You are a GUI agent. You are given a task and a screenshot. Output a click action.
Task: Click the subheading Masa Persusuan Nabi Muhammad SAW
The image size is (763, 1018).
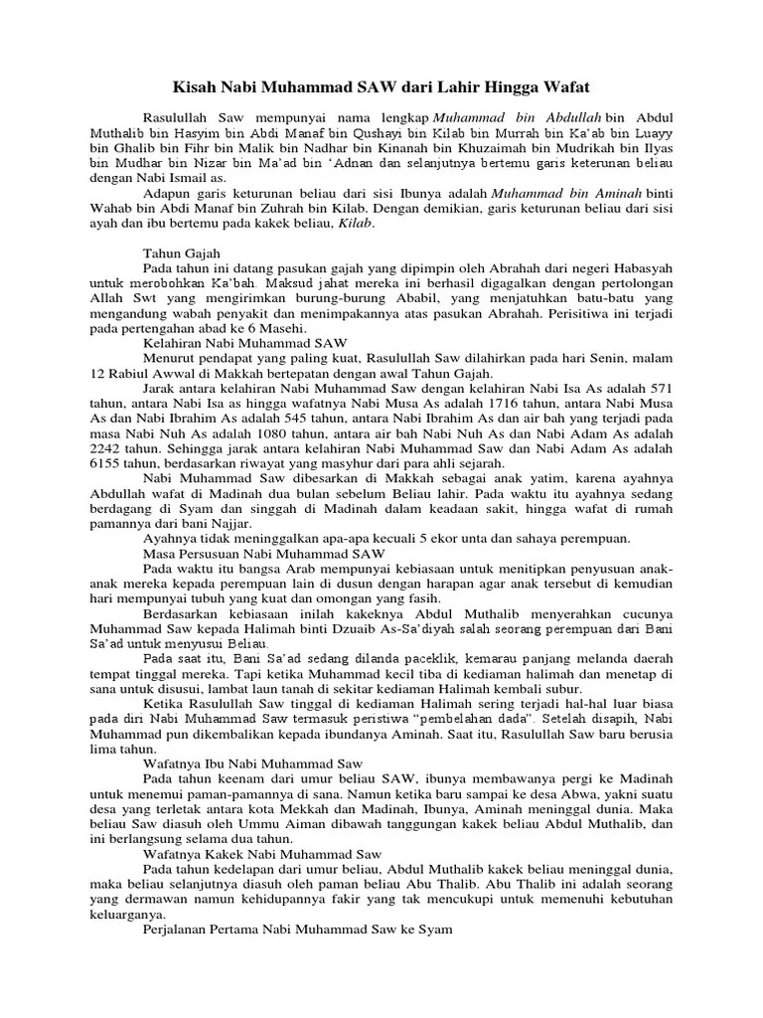pyautogui.click(x=263, y=553)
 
